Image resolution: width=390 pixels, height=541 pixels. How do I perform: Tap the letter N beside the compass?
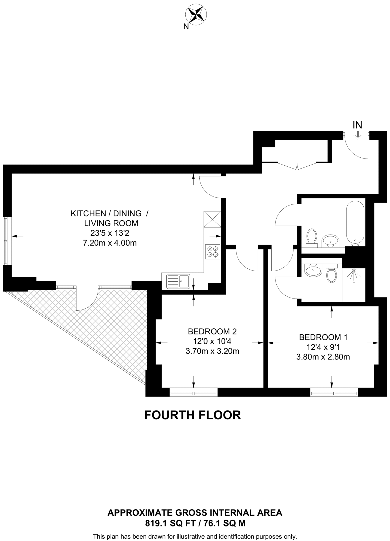point(186,26)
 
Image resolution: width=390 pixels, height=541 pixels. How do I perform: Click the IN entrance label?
point(357,125)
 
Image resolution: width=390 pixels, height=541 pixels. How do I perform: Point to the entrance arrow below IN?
point(358,135)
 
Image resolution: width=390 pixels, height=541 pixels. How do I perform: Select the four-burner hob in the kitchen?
point(213,251)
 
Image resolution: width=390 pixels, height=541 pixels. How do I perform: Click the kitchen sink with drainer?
point(178,281)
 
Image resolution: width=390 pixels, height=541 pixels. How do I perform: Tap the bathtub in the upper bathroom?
point(355,222)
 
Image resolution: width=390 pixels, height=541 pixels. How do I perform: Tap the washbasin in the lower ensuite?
point(313,270)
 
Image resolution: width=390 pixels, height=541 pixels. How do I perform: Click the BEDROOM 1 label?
point(323,337)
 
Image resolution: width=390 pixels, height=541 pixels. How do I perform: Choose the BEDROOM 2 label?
point(212,331)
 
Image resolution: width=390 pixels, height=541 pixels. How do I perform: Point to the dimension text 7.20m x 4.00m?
point(110,243)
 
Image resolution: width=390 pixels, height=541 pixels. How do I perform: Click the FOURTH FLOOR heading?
point(193,415)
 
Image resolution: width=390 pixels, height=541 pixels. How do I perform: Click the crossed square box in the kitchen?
point(213,219)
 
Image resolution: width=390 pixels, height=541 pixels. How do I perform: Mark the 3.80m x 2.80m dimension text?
point(323,357)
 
